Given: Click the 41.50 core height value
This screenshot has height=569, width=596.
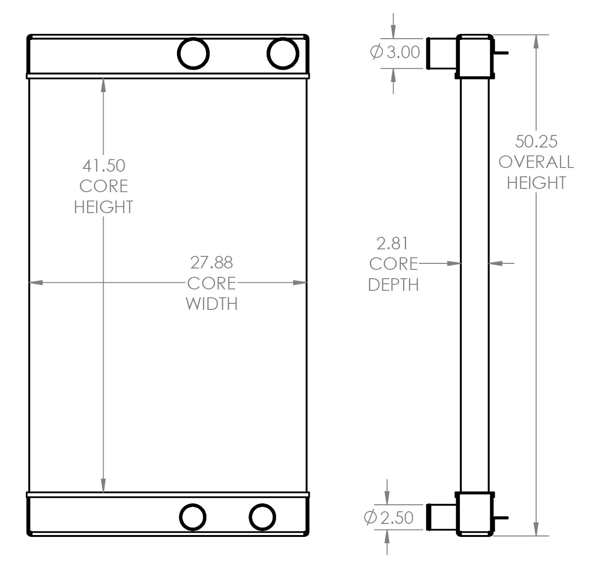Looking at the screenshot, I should point(103,165).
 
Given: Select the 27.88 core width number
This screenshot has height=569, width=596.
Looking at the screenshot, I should point(211,262).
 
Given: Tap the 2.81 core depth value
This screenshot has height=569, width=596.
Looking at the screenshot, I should point(392,243).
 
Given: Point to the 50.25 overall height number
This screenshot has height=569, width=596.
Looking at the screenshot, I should point(536,141).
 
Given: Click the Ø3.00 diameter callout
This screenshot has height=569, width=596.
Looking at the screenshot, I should point(395,52).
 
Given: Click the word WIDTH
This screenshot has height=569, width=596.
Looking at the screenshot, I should point(211,303).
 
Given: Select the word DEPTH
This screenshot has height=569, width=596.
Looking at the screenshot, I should point(393,284).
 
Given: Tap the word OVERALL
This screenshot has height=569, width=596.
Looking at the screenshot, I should point(536,162).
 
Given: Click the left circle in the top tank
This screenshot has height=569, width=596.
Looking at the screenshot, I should point(193,54).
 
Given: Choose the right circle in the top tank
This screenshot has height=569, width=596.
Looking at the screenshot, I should point(282,54).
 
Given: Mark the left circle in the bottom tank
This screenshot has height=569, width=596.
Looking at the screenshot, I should point(193,517).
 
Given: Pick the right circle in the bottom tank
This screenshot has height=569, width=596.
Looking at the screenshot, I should point(262,517).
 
